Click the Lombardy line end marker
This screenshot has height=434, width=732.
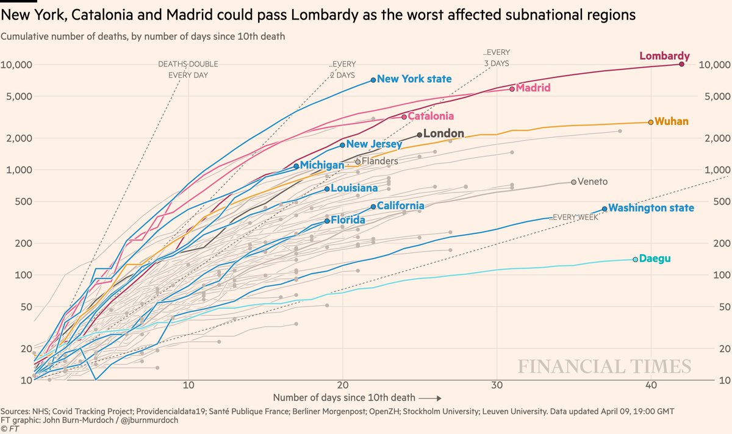tap(681, 64)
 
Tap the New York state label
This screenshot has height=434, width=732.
tap(414, 79)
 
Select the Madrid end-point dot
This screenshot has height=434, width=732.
tap(512, 89)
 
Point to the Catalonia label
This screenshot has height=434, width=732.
tap(431, 116)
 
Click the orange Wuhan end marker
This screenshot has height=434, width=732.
tap(651, 122)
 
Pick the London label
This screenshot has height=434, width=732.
tap(443, 133)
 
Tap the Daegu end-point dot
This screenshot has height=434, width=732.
tap(635, 260)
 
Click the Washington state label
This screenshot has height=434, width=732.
tap(651, 208)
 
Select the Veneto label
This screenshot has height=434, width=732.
tap(592, 182)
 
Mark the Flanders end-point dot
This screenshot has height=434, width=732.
tap(358, 162)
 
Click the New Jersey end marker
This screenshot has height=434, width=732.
tap(342, 145)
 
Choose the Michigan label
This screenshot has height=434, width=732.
tap(322, 165)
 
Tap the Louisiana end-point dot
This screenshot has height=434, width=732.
tap(327, 189)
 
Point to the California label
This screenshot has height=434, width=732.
tap(400, 206)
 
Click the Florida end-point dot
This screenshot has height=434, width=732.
tap(327, 221)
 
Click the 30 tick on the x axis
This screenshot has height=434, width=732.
tap(497, 386)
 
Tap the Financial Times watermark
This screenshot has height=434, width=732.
tap(605, 366)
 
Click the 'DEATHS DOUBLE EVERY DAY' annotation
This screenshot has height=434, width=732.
tap(188, 69)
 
